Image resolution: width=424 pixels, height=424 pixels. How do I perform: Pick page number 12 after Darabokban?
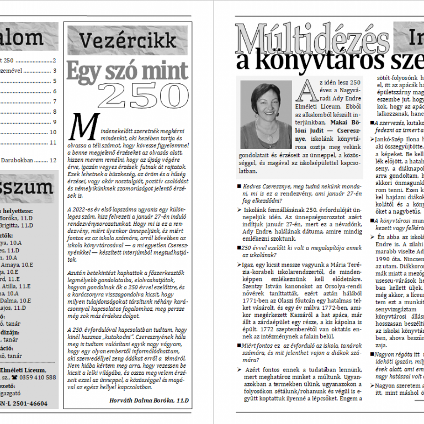[53, 161]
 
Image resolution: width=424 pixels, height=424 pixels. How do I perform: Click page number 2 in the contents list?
[54, 61]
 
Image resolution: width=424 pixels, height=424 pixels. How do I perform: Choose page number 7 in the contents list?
[54, 102]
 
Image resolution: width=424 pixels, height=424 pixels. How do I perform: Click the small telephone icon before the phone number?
[18, 378]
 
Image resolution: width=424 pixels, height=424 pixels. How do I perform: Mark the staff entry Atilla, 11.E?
[15, 287]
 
